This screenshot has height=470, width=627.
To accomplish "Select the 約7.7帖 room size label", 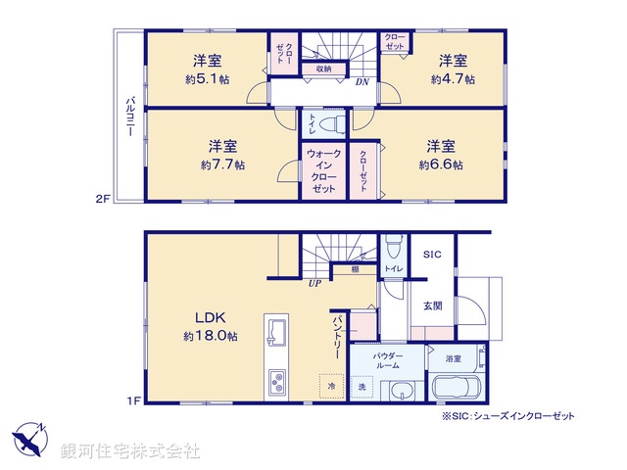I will point(222,165).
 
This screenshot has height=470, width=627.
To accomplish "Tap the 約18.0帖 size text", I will point(210,336).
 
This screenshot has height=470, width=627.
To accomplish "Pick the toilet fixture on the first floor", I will point(391,245).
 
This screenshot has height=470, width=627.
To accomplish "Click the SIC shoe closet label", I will point(432,255).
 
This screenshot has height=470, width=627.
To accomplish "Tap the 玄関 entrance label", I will point(432,305).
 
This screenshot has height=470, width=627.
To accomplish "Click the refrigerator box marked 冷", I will point(330,385).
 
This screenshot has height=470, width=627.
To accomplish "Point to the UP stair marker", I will point(314,284).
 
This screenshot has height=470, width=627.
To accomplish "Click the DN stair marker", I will point(362,82).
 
